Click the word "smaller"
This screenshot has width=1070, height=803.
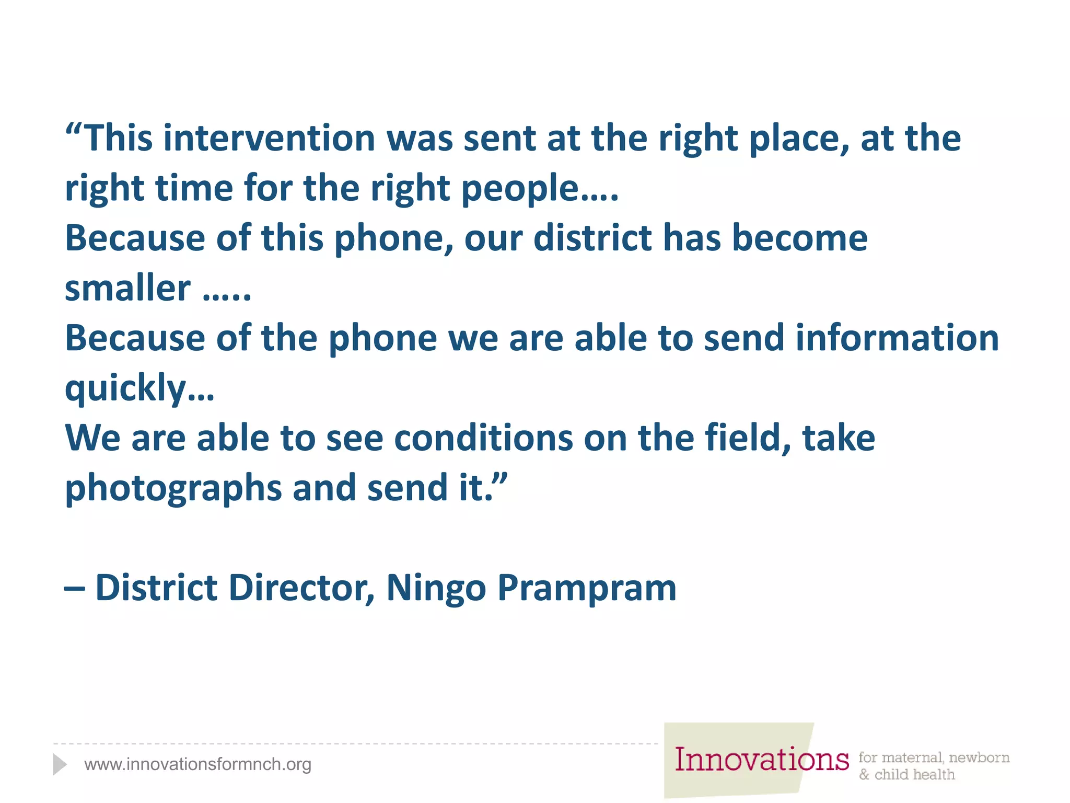(x=127, y=288)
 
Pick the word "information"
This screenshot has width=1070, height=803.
(x=897, y=338)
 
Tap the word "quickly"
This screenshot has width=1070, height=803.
(x=126, y=388)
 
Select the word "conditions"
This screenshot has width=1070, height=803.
(x=483, y=438)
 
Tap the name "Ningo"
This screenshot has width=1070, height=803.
(x=436, y=589)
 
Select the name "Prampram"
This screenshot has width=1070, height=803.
(x=587, y=589)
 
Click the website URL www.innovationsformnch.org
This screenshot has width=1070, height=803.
(x=197, y=764)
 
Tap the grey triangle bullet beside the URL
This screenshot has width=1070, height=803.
(x=60, y=764)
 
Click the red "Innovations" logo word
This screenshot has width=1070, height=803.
(x=761, y=760)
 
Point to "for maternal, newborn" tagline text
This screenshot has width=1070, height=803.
(x=934, y=758)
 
